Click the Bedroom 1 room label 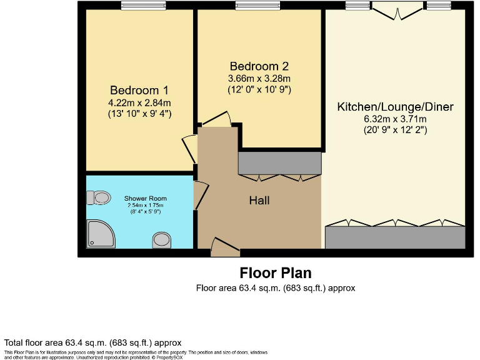(x=139, y=90)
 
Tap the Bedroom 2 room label (x=259, y=66)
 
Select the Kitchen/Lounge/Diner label (x=395, y=107)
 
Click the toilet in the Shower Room (x=99, y=198)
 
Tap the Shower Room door (x=200, y=195)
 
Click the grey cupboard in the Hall (x=279, y=164)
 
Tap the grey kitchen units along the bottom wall (x=395, y=237)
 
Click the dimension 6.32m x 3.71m (x=395, y=119)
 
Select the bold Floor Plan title (x=275, y=273)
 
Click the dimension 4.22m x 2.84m (x=139, y=102)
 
